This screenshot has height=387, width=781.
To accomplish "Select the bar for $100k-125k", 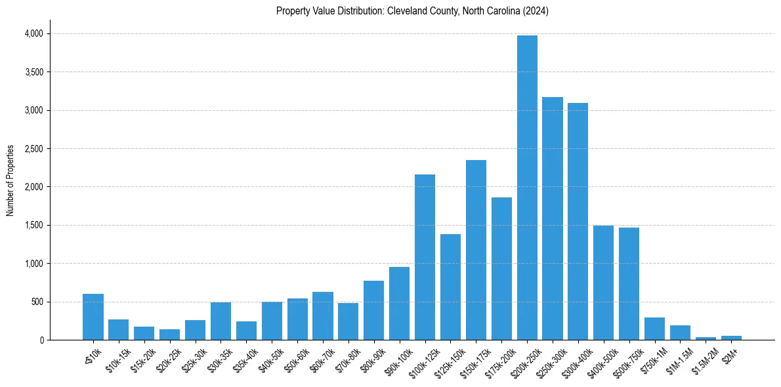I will (425, 257).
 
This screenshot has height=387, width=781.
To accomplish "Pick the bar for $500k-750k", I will (629, 283).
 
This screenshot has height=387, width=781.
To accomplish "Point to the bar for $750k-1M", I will (654, 329).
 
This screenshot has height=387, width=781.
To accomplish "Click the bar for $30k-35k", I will (221, 321).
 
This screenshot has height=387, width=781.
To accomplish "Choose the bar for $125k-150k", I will (450, 287).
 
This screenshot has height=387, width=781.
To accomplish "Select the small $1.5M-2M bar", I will (706, 338).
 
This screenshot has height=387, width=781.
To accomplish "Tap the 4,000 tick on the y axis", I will (34, 33).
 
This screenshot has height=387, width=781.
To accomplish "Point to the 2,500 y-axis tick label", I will (34, 149).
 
